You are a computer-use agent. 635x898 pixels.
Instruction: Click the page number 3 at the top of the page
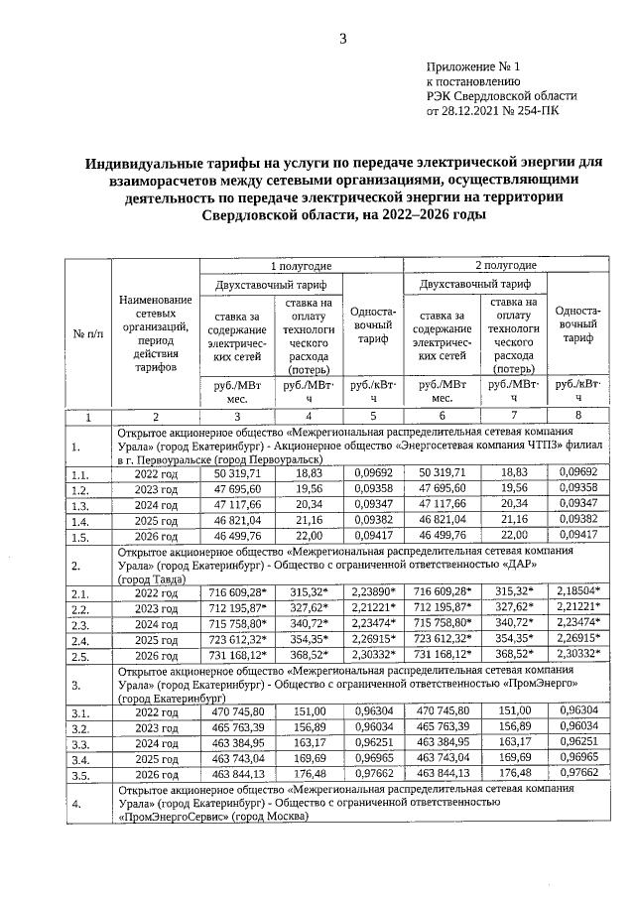click(343, 40)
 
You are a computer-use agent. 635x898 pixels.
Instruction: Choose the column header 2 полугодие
click(505, 266)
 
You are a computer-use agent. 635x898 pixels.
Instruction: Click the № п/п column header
click(88, 333)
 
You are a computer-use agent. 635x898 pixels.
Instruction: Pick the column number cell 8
click(577, 417)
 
